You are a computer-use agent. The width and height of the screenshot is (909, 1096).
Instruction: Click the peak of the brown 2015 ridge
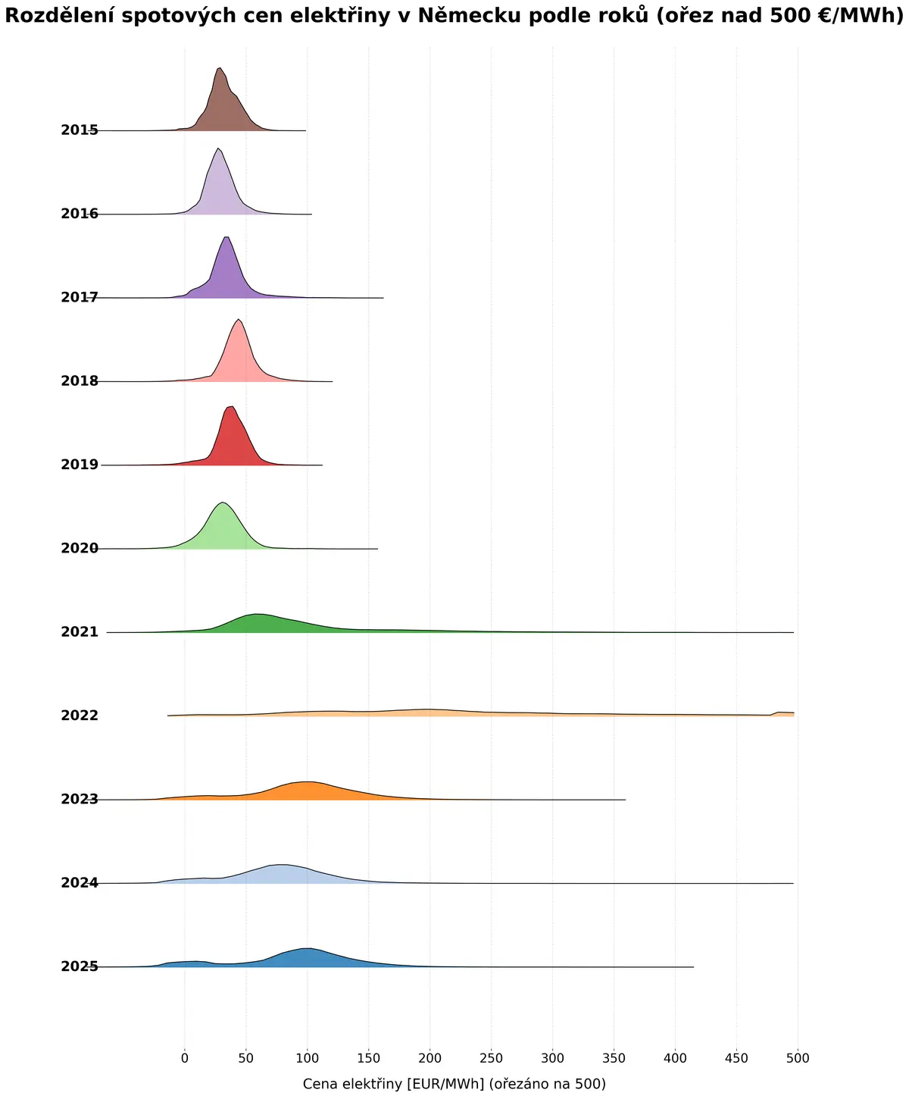219,67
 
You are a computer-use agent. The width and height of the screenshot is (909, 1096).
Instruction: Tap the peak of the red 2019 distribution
230,407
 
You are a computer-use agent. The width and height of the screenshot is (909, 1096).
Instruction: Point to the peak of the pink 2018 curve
239,319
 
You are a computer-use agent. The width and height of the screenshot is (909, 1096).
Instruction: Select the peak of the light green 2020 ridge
223,503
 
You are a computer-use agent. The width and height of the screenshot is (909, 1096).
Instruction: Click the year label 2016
80,214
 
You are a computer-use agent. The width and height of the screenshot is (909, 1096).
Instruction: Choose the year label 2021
80,632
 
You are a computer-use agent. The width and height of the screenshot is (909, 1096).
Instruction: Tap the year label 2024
80,883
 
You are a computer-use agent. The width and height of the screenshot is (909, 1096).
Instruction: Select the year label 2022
80,716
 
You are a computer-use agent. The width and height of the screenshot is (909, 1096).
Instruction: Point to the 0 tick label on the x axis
185,1058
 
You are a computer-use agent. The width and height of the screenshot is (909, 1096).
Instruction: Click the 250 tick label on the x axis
491,1058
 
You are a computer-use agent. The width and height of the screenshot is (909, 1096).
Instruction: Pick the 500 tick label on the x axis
798,1058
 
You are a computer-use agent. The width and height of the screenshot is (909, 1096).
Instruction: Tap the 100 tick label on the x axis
308,1058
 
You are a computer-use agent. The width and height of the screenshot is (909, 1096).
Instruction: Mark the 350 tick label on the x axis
614,1058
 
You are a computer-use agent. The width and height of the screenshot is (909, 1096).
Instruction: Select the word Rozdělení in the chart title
61,15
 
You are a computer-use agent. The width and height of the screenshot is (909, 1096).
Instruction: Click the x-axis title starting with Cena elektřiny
454,1084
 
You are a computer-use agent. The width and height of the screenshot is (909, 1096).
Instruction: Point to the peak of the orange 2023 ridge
310,781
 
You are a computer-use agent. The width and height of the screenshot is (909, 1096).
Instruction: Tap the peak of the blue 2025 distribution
310,948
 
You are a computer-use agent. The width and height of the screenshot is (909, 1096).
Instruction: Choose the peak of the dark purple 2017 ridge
226,237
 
